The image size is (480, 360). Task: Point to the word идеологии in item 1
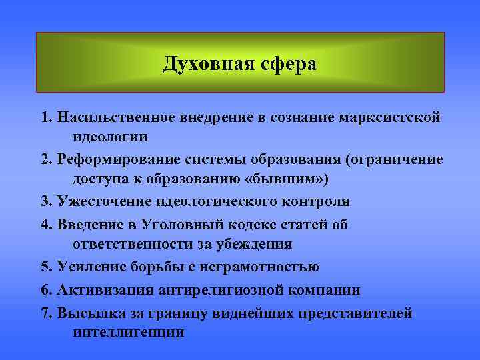point(111,137)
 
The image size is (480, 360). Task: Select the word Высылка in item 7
point(83,313)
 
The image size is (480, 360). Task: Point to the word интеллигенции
point(128,332)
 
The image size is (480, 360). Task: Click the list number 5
point(44,267)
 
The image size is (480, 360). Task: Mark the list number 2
point(44,159)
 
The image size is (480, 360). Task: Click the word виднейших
point(258,313)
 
